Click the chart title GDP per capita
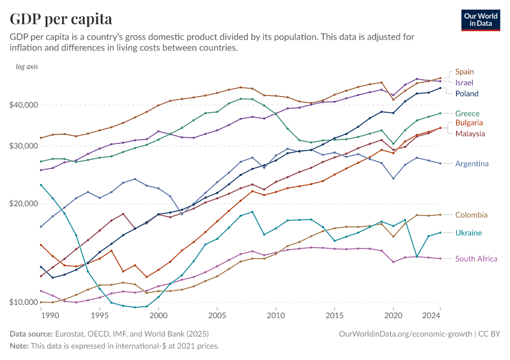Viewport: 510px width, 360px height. point(61,19)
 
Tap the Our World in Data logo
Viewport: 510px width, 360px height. point(480,20)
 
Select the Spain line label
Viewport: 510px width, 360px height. point(464,72)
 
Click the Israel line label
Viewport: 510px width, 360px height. point(464,82)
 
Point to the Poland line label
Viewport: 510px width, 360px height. point(467,94)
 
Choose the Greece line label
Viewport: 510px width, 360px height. point(467,113)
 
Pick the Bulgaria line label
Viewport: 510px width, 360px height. point(469,123)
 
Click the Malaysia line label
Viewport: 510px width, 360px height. point(470,133)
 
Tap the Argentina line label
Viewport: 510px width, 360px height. point(472,163)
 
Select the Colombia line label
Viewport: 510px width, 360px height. point(471,215)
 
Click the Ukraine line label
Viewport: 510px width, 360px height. point(468,233)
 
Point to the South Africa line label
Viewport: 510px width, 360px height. point(476,259)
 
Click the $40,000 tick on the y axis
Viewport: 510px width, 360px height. point(25,105)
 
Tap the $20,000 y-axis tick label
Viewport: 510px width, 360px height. point(25,204)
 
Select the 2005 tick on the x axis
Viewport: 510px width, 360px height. point(217,316)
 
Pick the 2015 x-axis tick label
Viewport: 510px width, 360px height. point(334,316)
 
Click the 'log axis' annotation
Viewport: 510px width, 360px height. point(27,67)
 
